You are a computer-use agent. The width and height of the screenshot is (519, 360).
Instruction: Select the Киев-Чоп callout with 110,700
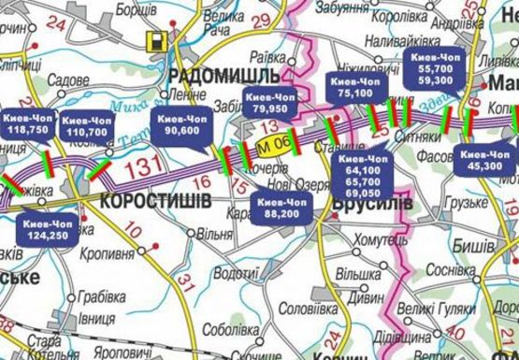(x=87, y=127)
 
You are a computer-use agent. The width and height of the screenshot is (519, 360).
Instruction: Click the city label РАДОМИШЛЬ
(x=225, y=75)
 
